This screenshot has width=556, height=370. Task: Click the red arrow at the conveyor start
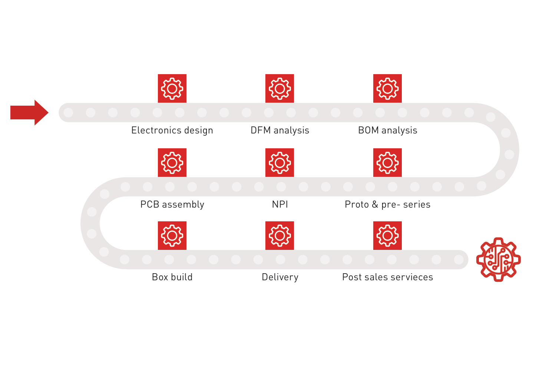pos(29,112)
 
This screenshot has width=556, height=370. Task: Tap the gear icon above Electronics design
pos(172,89)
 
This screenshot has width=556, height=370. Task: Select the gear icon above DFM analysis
pos(279,89)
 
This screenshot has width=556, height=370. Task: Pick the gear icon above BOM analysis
pos(387,89)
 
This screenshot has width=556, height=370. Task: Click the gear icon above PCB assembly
pos(172,163)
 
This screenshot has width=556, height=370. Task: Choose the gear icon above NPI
pos(279,163)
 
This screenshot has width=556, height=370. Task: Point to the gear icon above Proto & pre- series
pos(387,163)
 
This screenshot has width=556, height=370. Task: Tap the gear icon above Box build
pos(172,236)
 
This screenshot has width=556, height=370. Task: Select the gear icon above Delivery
pos(279,236)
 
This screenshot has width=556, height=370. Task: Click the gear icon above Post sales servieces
pos(387,236)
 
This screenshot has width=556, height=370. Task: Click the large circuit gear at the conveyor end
pos(498,260)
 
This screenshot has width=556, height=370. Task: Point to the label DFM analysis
pos(280,131)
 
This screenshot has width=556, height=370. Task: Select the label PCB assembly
pos(172,205)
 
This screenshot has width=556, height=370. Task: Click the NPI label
pos(280,205)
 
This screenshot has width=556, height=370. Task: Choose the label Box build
pos(172,277)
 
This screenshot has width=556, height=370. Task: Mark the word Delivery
pos(280,277)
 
